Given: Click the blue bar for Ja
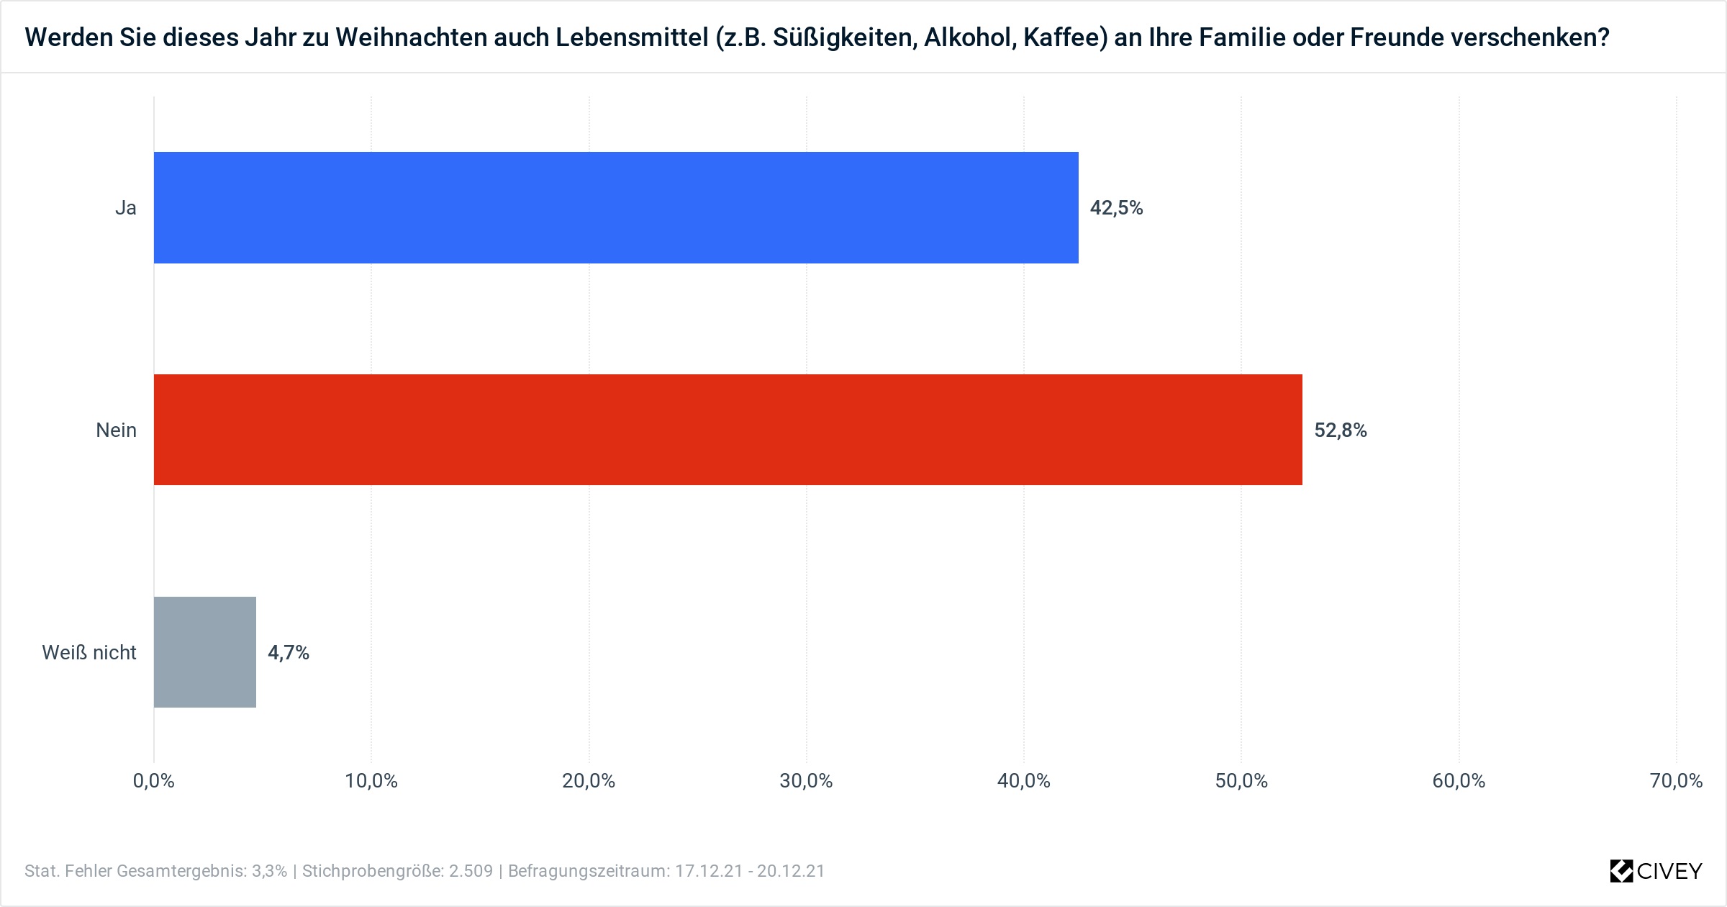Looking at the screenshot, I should [x=616, y=207].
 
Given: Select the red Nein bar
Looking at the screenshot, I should [x=727, y=430].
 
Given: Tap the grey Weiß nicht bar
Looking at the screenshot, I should [x=205, y=652].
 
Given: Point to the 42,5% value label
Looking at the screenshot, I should [x=1116, y=208].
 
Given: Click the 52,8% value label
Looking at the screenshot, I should [x=1340, y=430].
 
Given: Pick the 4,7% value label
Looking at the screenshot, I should [x=289, y=653].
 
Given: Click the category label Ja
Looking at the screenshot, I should [x=126, y=208].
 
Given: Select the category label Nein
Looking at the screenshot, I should [x=116, y=430].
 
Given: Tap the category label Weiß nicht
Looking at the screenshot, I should [x=89, y=653].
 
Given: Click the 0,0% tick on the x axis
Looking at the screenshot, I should [x=154, y=781].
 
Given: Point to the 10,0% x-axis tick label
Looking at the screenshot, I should [x=371, y=781].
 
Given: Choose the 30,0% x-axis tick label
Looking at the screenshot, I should [x=806, y=781].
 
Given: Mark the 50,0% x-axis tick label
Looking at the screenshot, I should [x=1241, y=781].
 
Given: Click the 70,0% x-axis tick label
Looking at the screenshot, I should [x=1676, y=781].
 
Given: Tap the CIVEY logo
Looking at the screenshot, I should [x=1656, y=871].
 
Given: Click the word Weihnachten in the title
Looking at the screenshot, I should [x=410, y=37].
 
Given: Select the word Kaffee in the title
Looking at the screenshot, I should [x=1065, y=37].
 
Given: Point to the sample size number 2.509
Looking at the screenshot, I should [x=471, y=871].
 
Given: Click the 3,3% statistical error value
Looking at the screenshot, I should [x=269, y=871].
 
